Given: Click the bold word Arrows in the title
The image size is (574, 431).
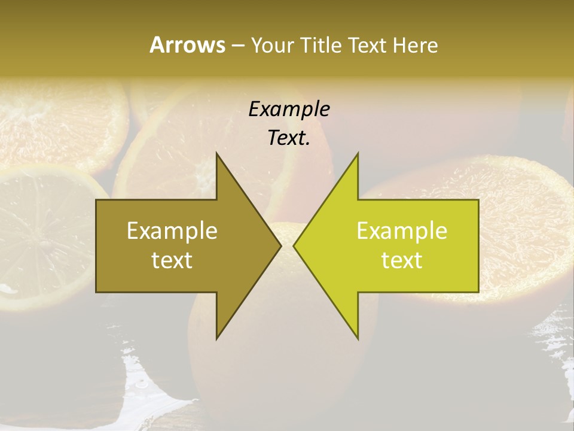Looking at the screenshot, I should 187,45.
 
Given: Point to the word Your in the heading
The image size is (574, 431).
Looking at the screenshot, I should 272,45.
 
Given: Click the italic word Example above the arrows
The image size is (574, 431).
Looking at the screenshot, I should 289,109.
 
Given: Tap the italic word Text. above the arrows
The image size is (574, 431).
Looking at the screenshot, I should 289,138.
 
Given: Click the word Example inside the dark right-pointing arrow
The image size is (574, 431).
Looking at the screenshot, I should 172,230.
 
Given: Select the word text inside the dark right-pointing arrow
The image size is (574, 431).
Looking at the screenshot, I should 172,260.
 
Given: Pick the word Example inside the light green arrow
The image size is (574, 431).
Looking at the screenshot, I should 402,230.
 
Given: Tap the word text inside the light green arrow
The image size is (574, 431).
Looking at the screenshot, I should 402,260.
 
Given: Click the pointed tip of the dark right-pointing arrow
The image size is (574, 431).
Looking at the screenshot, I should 280,245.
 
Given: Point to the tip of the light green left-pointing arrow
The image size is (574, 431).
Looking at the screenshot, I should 295,245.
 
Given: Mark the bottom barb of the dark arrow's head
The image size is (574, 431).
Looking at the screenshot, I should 218,336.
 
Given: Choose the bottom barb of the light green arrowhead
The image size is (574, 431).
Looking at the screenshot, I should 357,336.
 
